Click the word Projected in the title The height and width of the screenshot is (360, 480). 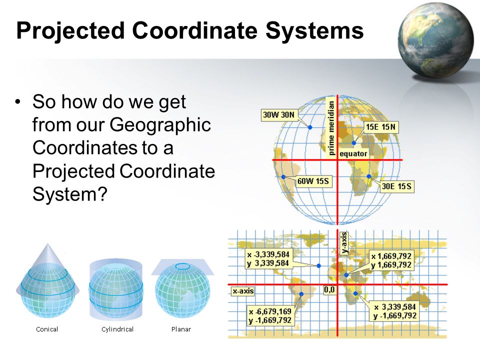[70, 31]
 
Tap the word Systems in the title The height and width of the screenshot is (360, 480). [314, 30]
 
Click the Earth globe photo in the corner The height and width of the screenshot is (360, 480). [436, 40]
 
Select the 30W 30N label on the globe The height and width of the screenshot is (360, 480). [279, 115]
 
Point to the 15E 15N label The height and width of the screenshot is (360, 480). [381, 126]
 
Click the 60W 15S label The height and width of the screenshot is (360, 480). [313, 181]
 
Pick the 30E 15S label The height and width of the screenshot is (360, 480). [396, 186]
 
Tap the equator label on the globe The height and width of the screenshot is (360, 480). [353, 153]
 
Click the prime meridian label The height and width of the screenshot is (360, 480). [331, 128]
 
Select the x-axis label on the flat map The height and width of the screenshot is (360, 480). [243, 291]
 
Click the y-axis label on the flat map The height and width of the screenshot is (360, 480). [344, 243]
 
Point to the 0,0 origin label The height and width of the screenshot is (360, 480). [329, 289]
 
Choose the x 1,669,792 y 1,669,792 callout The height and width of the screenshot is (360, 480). [391, 260]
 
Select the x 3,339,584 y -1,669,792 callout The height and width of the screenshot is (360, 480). [395, 311]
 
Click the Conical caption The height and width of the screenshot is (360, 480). [47, 329]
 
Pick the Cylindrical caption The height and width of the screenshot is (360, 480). [117, 329]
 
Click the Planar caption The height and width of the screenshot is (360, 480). [181, 329]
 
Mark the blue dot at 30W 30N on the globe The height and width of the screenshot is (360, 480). [310, 127]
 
